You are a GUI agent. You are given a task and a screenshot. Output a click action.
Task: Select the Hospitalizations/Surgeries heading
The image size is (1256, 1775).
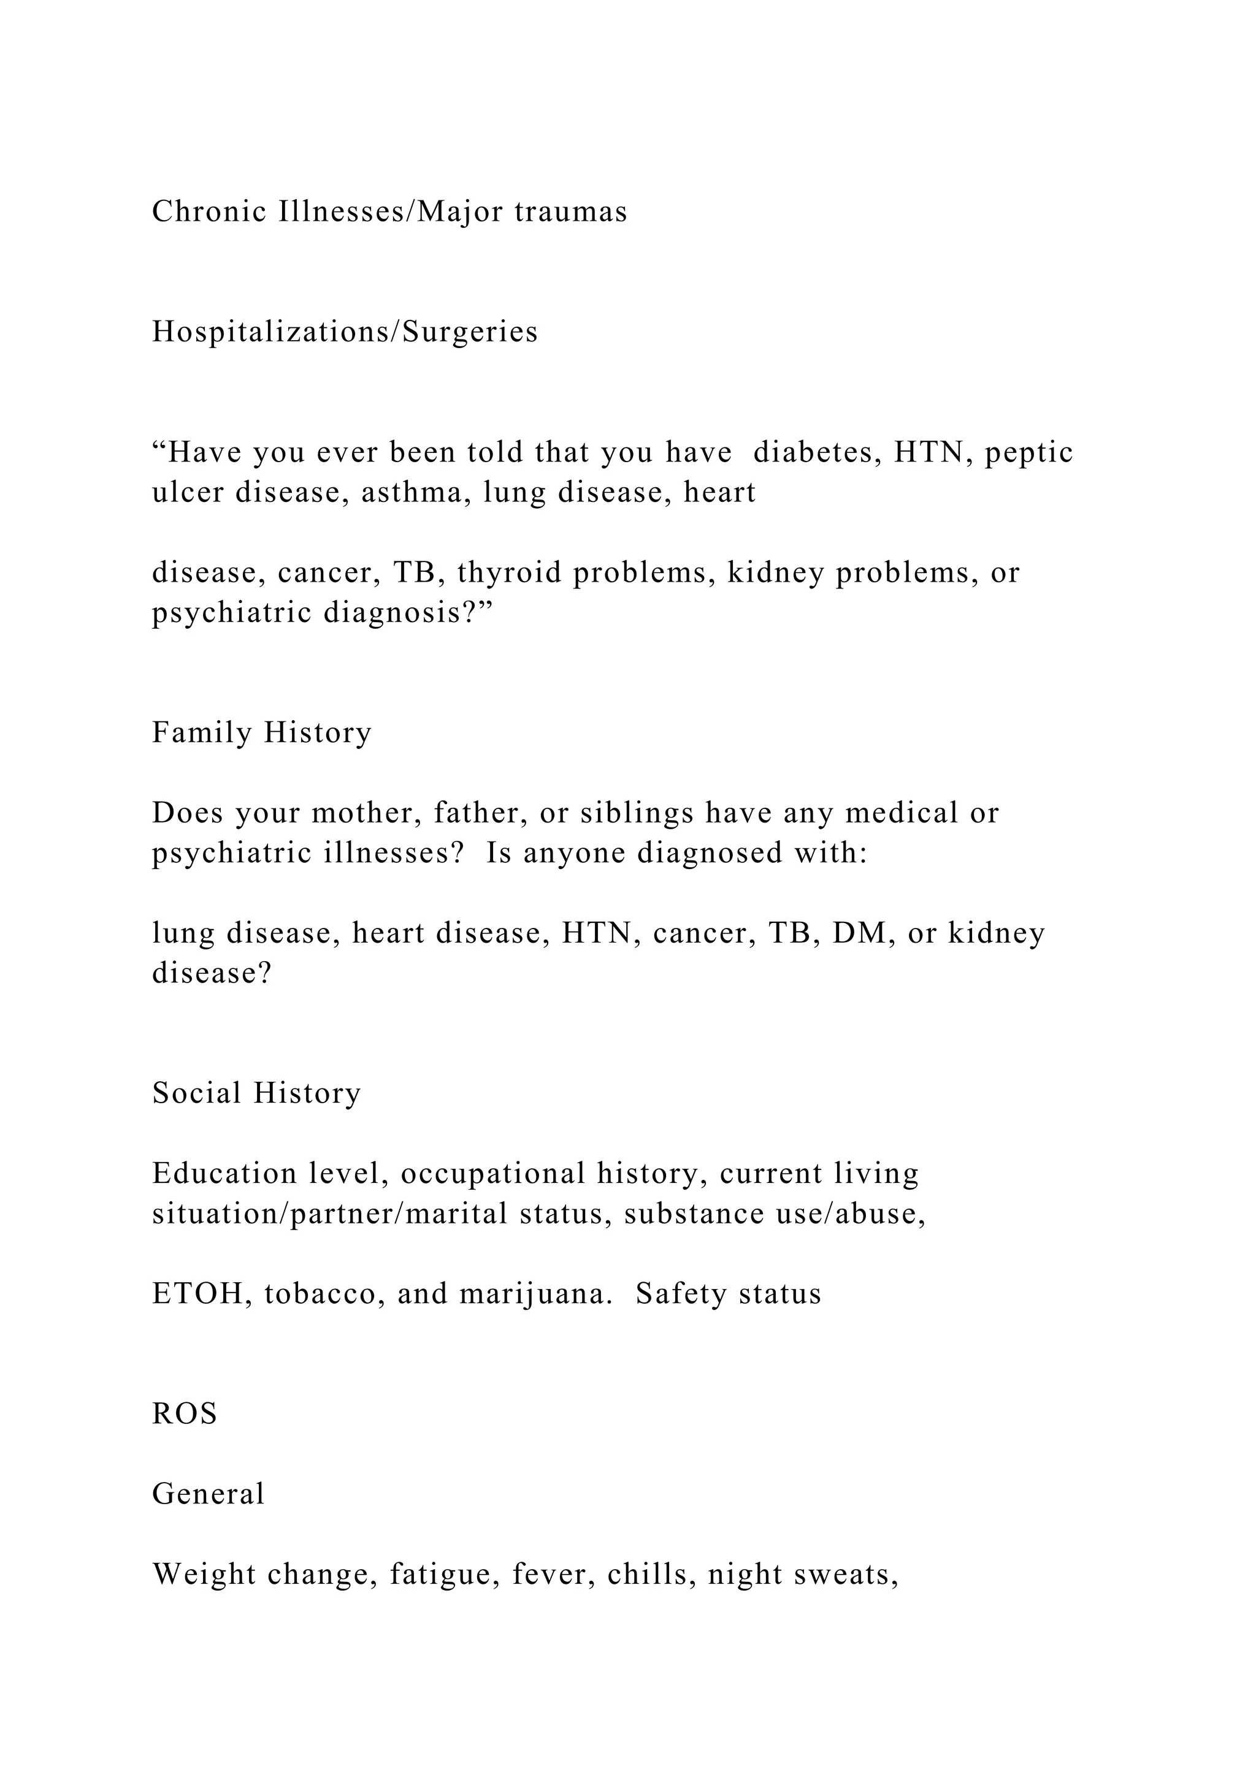[x=345, y=332]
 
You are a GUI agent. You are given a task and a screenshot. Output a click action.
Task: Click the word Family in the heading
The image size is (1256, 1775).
[x=201, y=733]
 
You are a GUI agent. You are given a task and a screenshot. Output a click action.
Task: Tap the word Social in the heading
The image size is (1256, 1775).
[x=196, y=1093]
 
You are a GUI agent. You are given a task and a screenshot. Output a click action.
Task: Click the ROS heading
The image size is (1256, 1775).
[x=184, y=1414]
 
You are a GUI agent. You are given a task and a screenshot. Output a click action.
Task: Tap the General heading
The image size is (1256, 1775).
[x=208, y=1494]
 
